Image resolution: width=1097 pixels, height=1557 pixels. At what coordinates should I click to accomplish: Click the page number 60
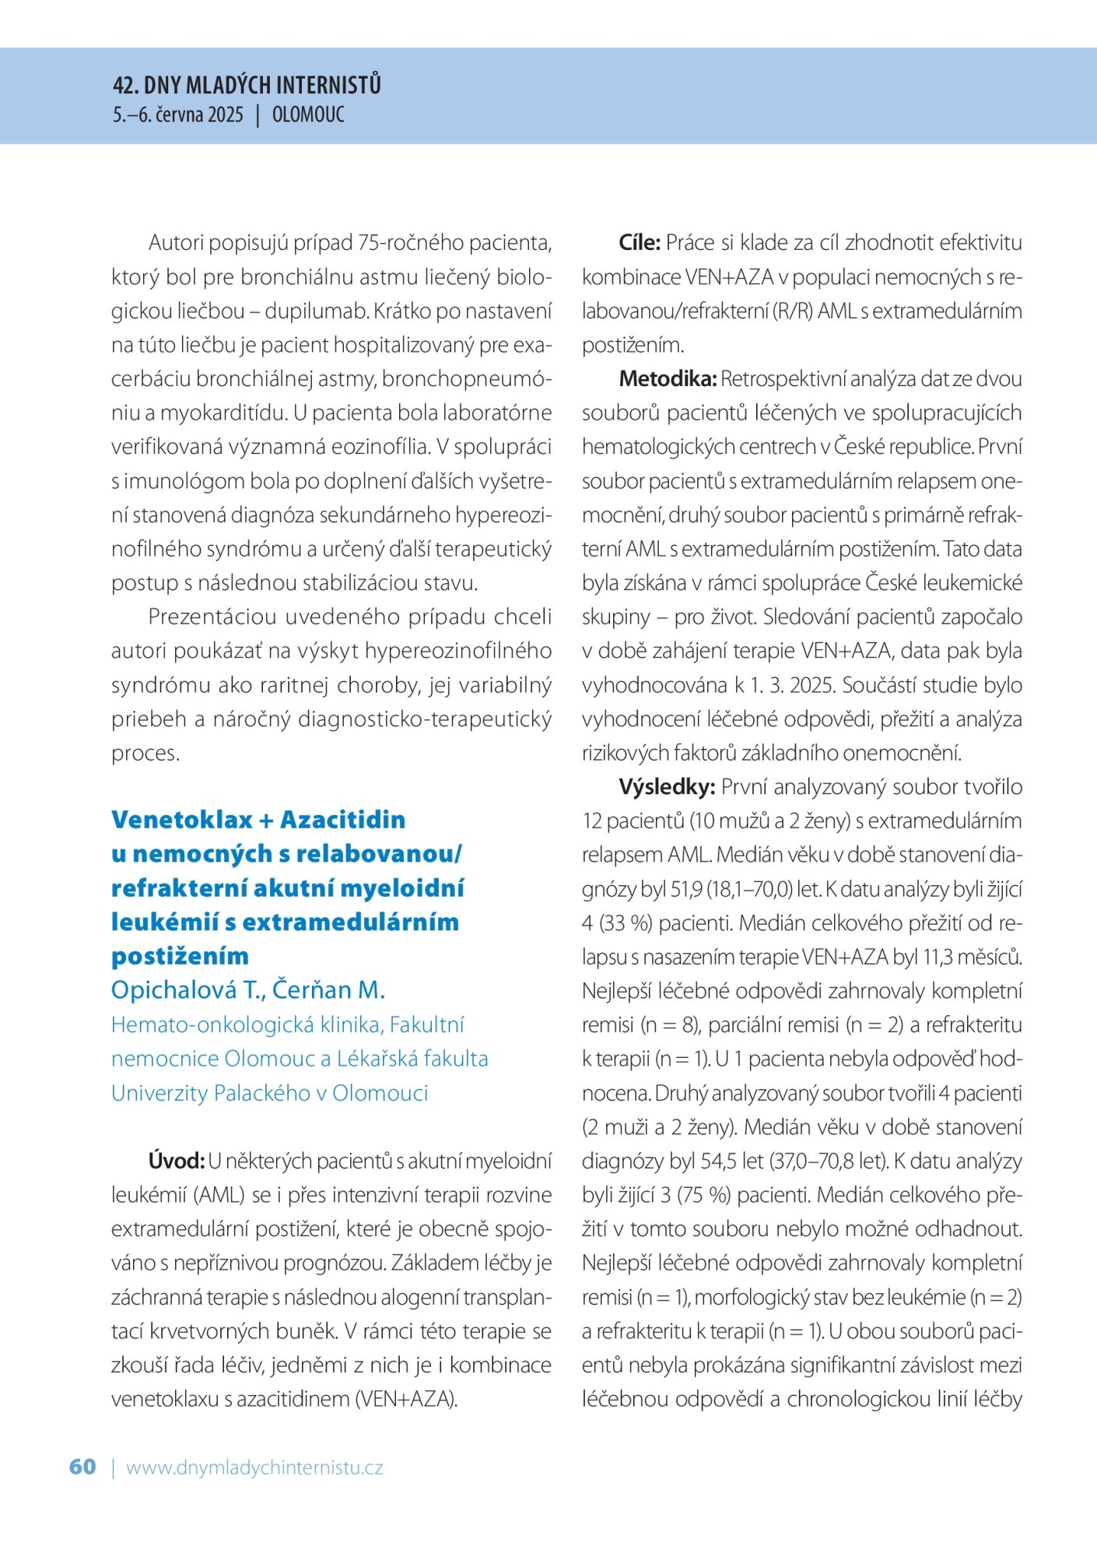(82, 1467)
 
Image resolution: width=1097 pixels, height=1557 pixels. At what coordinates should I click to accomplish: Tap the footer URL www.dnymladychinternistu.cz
(254, 1467)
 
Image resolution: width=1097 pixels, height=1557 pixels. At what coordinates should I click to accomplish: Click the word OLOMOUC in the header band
(308, 115)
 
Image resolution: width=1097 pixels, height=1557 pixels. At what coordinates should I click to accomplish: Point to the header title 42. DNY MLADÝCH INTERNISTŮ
(247, 85)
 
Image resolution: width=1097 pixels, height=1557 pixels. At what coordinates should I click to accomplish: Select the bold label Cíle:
(640, 243)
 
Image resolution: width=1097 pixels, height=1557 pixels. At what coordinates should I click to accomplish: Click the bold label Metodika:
(667, 379)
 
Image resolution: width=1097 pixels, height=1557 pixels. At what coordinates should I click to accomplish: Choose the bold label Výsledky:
(667, 787)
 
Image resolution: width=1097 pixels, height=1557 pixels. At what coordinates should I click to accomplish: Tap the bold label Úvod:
(176, 1161)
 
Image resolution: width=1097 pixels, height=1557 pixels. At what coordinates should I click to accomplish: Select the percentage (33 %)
(625, 923)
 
